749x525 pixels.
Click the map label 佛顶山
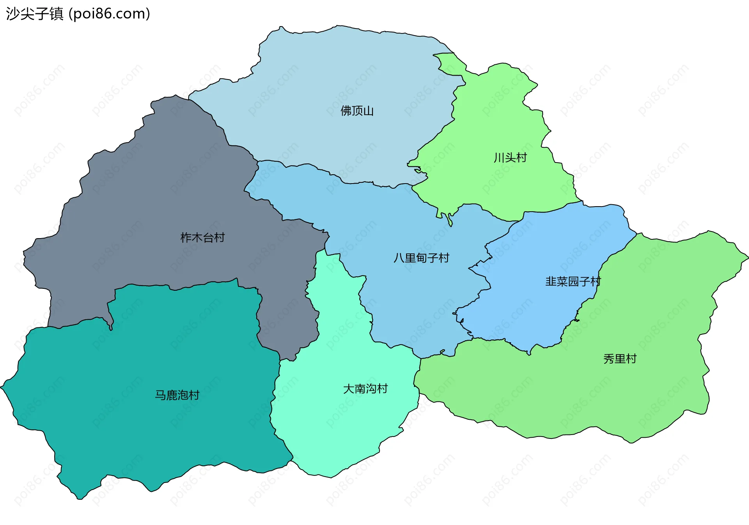coord(357,111)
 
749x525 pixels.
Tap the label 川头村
coord(510,158)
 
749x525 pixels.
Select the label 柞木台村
coord(202,237)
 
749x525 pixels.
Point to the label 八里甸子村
coord(421,258)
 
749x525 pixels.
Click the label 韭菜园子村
coord(573,281)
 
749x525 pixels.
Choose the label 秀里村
coord(620,359)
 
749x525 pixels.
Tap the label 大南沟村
coord(365,389)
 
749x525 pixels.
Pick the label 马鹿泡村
coord(177,395)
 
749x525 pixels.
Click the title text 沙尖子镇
coord(34,14)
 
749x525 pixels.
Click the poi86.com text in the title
coord(109,14)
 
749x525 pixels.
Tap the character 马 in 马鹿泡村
coord(161,395)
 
